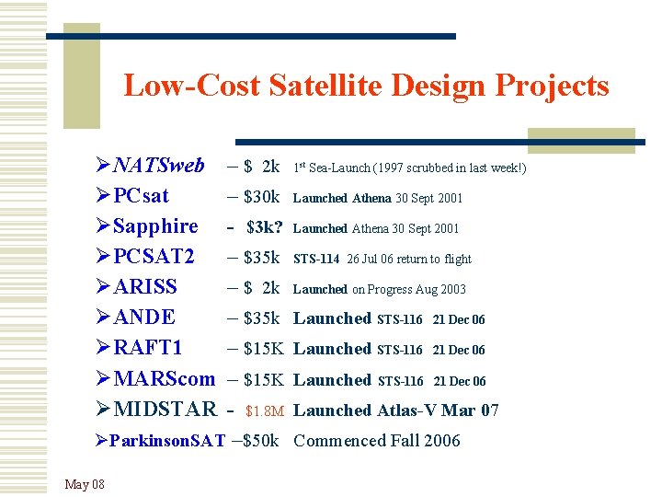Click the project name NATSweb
tap(158, 167)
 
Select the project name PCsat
tap(141, 197)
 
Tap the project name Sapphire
tap(155, 227)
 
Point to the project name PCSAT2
tap(154, 258)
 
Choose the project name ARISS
tap(145, 288)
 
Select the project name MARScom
tap(164, 379)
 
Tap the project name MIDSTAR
tap(165, 410)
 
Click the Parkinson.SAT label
tap(166, 441)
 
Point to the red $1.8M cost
tap(265, 410)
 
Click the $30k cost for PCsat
tap(261, 197)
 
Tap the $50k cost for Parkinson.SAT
tap(260, 441)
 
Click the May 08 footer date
tap(85, 484)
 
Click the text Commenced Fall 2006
tap(376, 441)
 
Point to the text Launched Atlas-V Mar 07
tap(395, 410)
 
